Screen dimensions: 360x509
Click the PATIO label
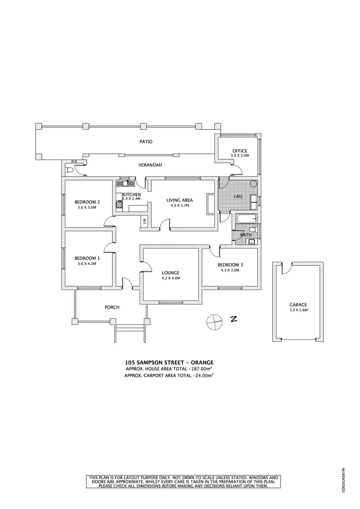146,142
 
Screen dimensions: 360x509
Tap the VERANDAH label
150,165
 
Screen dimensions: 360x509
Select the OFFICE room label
240,151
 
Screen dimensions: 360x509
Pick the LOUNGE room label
170,273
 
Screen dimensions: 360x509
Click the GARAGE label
298,304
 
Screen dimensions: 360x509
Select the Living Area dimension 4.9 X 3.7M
180,206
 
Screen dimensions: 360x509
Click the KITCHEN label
132,194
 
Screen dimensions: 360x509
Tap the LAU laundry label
238,196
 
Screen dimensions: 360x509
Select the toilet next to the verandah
70,170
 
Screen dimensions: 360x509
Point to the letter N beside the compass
234,319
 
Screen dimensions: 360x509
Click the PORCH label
112,307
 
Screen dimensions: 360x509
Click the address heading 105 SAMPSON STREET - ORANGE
168,362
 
